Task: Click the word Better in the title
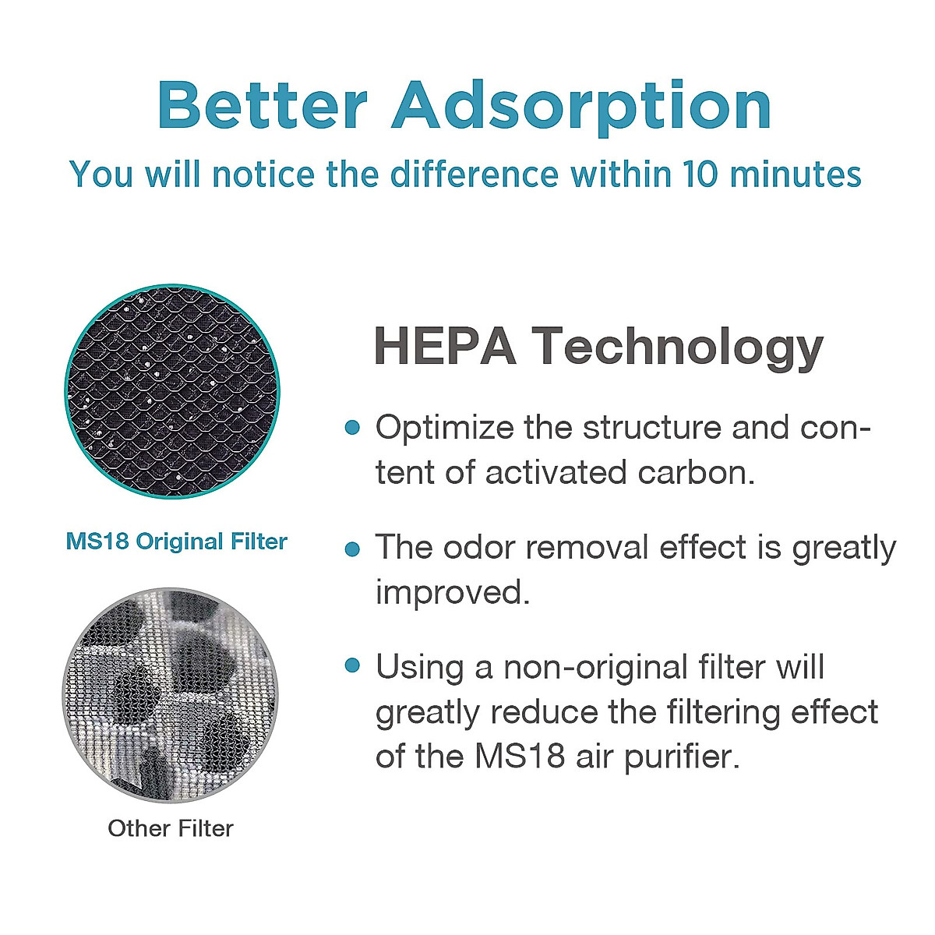click(263, 104)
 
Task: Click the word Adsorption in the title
click(581, 108)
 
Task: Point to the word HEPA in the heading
click(445, 346)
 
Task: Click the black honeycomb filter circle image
click(171, 392)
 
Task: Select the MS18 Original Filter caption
click(177, 542)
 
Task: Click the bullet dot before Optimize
click(352, 428)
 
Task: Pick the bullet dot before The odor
click(352, 549)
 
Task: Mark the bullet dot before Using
click(352, 665)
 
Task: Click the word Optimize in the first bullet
click(444, 429)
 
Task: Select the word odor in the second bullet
click(479, 547)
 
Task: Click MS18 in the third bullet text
click(520, 756)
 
